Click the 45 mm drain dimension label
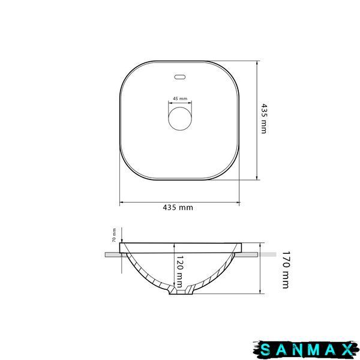tap(180, 99)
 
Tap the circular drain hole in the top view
tap(180, 119)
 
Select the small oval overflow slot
tap(180, 77)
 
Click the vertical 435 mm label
tap(264, 119)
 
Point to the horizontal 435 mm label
tap(178, 208)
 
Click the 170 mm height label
tap(286, 270)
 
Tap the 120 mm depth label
tap(179, 271)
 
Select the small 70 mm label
tap(114, 235)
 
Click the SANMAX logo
tap(306, 350)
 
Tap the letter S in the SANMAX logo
tap(266, 350)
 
